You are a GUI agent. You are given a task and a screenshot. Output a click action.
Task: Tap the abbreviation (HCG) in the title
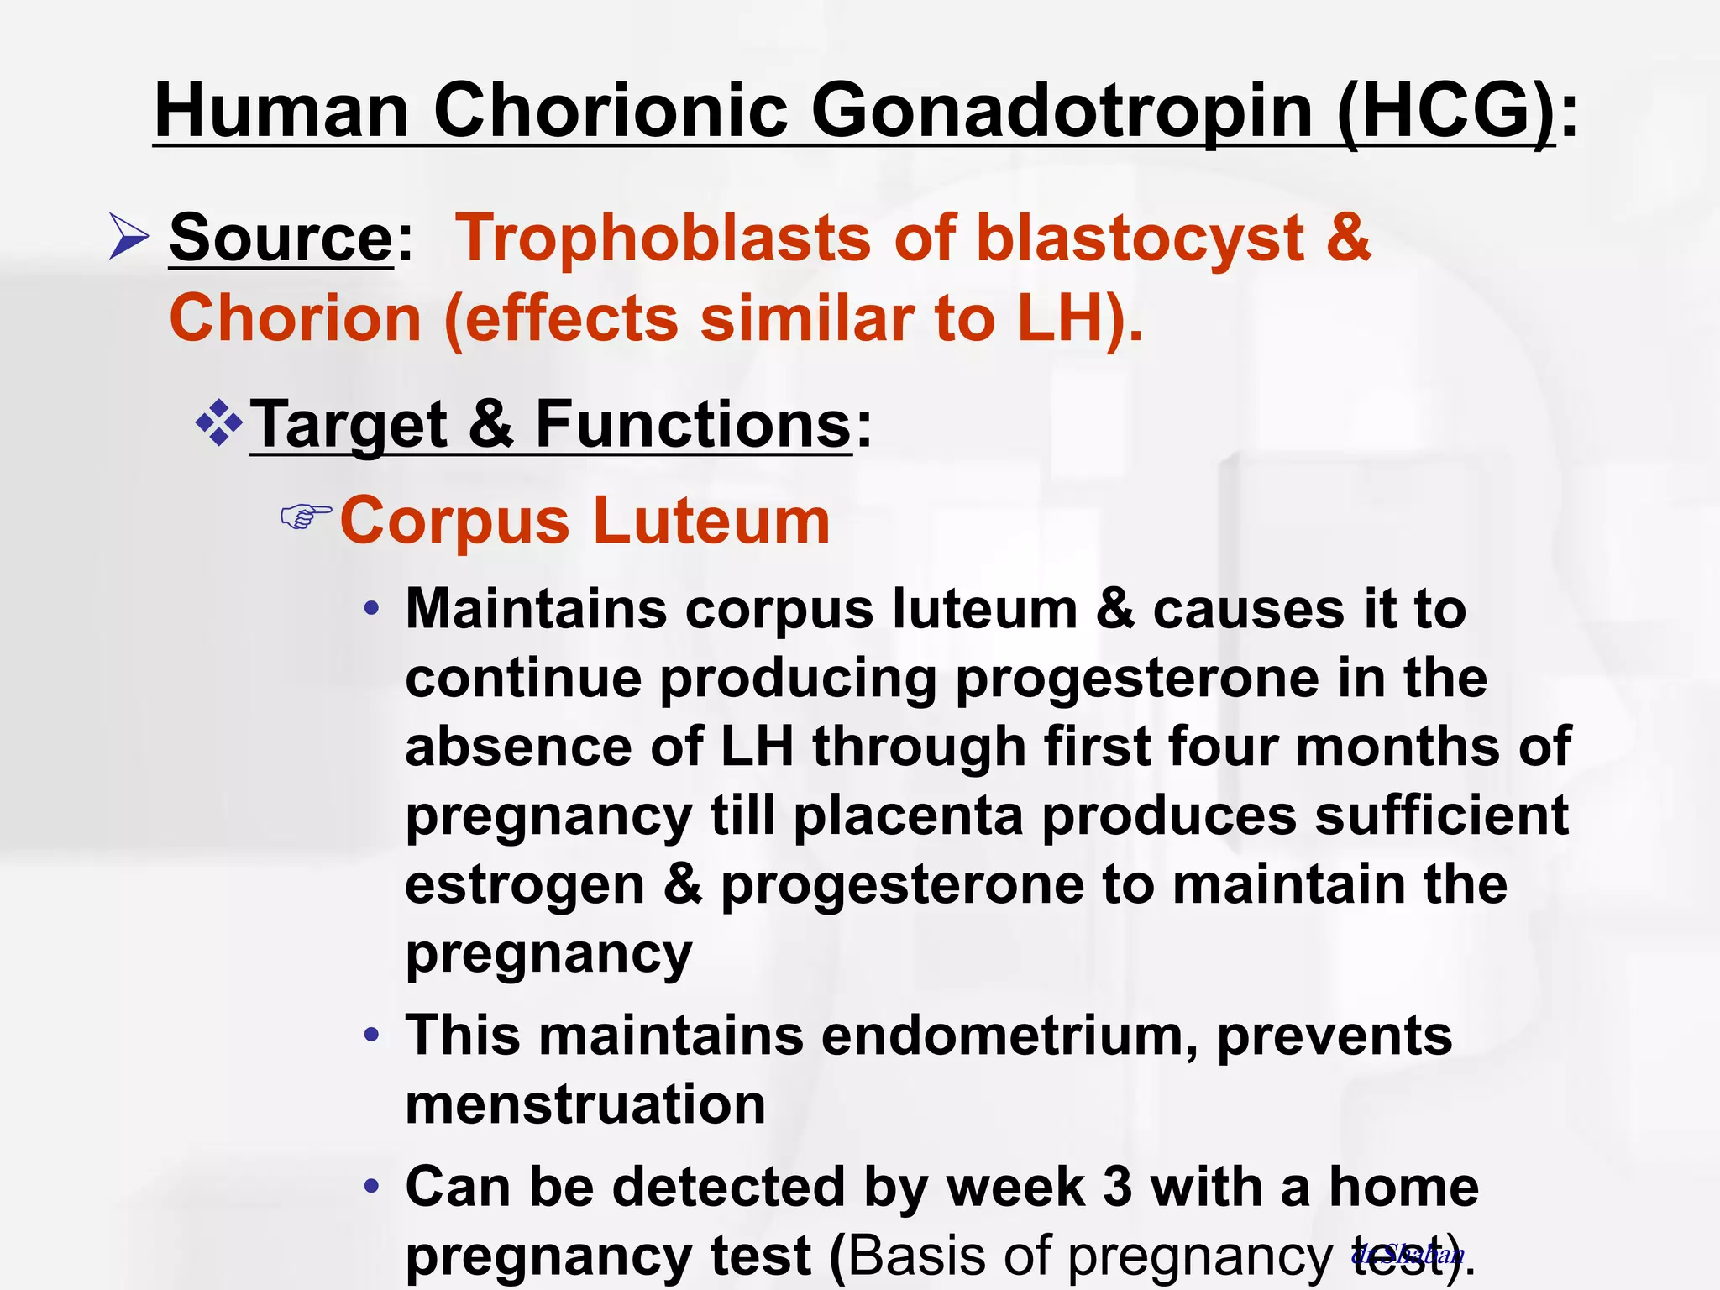[x=1446, y=111]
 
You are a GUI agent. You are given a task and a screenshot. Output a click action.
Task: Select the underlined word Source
[x=281, y=239]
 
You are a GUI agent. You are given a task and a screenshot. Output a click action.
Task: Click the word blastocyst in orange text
[x=1140, y=239]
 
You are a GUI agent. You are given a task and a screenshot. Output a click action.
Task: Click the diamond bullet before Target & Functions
[x=219, y=422]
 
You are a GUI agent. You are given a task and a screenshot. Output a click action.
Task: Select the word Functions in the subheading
[x=694, y=424]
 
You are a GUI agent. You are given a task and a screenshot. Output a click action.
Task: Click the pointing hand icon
[x=306, y=517]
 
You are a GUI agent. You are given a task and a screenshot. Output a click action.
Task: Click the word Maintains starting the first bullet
[x=537, y=608]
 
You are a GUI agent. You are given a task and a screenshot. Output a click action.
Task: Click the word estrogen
[x=524, y=885]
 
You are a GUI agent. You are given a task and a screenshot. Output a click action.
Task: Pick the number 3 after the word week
[x=1118, y=1188]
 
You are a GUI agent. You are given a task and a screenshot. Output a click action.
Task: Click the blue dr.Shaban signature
[x=1408, y=1255]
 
